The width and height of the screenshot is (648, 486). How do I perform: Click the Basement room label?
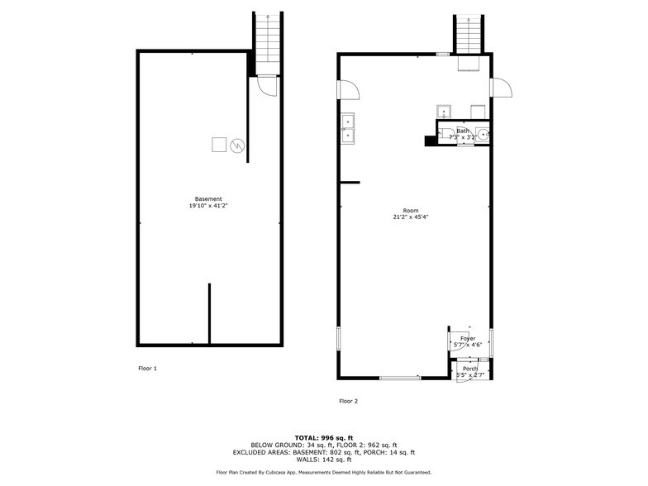point(208,199)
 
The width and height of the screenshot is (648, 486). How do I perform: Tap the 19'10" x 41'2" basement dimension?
point(208,207)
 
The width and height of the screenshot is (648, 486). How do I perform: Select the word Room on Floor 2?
point(410,210)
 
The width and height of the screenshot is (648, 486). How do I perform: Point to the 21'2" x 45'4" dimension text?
point(410,217)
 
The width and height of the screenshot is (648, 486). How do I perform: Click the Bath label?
point(463,131)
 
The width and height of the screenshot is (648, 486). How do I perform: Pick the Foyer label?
point(468,338)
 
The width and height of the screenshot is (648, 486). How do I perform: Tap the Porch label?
point(469,369)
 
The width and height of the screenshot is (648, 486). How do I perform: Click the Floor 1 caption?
point(147,368)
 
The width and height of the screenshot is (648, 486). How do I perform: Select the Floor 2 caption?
point(348,401)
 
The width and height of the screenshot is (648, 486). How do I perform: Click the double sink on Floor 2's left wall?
point(347,128)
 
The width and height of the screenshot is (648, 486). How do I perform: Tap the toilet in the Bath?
point(445,133)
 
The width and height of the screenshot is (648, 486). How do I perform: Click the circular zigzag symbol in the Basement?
point(237,145)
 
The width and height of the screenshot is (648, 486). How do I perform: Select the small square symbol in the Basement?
point(219,145)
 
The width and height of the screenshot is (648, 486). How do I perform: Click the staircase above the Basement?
point(269,41)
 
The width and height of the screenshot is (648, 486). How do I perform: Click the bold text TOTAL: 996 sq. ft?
point(323,437)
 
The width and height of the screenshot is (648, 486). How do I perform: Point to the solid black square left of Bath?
point(430,141)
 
